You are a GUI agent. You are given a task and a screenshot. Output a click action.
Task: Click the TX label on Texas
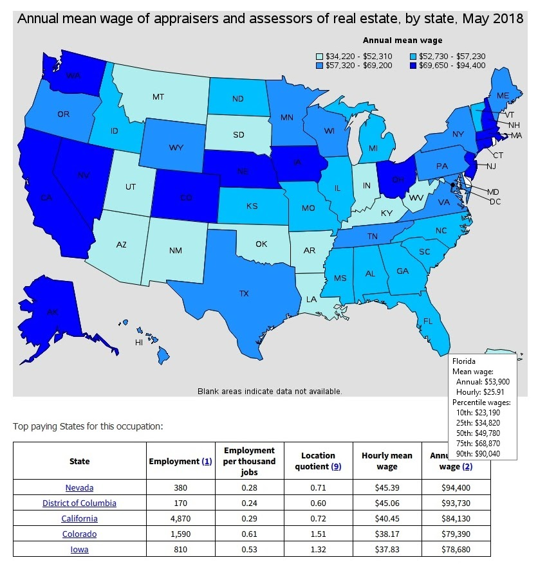click(243, 294)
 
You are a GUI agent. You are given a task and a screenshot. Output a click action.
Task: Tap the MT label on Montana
click(158, 97)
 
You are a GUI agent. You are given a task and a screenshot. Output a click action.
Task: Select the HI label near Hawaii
click(138, 343)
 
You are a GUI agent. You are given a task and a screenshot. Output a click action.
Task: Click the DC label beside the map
click(495, 201)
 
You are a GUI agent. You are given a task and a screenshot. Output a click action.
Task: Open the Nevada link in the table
click(79, 487)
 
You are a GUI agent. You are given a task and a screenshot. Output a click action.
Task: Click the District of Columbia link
click(79, 503)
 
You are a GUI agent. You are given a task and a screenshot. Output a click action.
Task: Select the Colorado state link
click(79, 534)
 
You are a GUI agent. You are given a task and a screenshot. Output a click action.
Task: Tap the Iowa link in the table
click(79, 549)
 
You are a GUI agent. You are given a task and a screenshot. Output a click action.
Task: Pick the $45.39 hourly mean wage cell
click(387, 487)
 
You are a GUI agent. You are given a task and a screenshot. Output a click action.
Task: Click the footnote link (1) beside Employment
click(207, 461)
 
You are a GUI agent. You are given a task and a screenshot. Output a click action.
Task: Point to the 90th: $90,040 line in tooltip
click(477, 454)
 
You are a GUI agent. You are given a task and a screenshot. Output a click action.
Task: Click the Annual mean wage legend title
click(402, 41)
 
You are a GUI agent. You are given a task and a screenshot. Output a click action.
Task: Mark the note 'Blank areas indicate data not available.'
click(270, 391)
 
